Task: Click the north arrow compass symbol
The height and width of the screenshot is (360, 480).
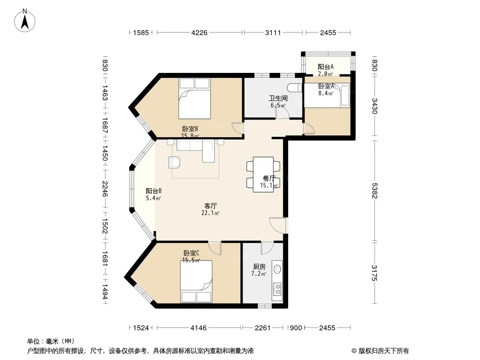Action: [25, 21]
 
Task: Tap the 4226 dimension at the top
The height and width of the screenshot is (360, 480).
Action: [199, 32]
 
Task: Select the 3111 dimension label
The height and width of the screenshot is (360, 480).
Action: [273, 32]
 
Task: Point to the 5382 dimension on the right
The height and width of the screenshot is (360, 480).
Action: [375, 190]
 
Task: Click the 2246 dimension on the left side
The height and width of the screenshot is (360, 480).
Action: [105, 189]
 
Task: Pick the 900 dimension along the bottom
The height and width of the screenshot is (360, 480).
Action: [296, 328]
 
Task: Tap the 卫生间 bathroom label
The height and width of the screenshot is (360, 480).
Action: [278, 98]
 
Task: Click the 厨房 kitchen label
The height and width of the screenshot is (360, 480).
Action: [259, 267]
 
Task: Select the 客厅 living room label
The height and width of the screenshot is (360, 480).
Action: [210, 206]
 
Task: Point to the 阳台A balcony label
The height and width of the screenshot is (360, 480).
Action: [326, 67]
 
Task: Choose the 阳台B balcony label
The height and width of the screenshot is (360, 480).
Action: [154, 191]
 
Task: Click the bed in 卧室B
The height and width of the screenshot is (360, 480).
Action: [195, 99]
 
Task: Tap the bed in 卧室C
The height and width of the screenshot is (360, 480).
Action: [196, 282]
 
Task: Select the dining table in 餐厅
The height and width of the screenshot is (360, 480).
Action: [263, 175]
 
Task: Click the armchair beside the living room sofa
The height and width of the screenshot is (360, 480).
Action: [174, 162]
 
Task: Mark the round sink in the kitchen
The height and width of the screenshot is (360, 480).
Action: [277, 269]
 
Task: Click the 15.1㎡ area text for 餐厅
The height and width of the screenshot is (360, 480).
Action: [269, 185]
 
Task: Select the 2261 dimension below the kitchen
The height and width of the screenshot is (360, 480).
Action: [263, 328]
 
